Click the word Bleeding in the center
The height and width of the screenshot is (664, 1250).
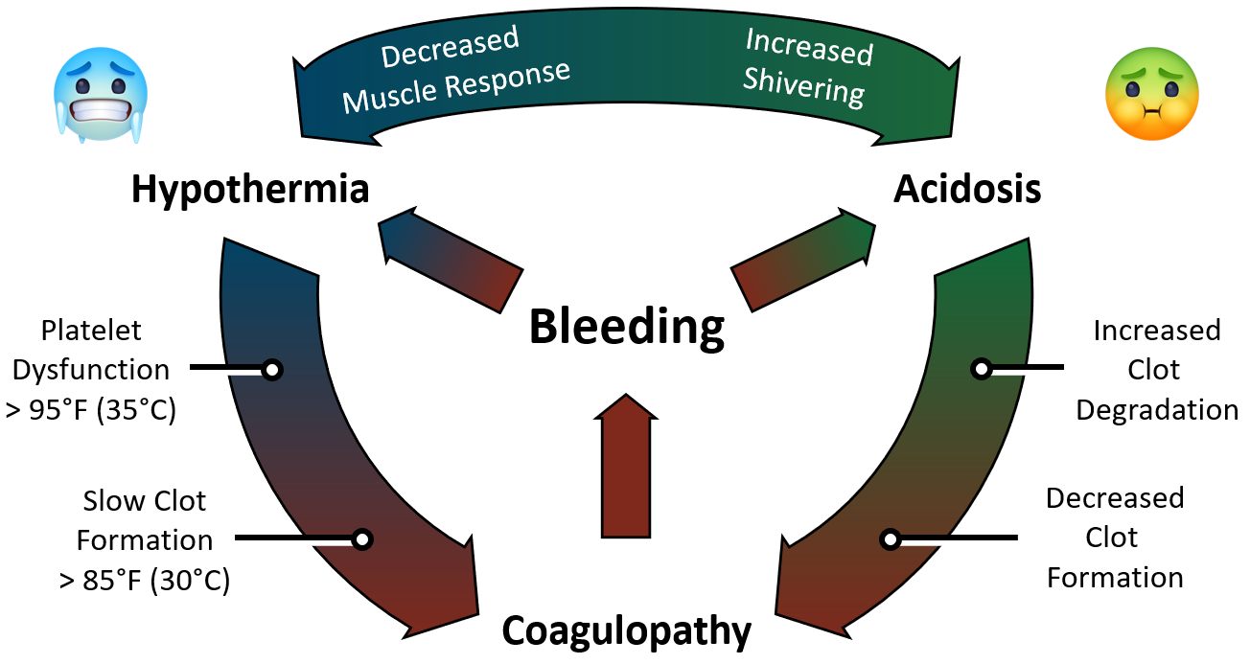(626, 329)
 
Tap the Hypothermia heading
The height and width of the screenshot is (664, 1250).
(249, 190)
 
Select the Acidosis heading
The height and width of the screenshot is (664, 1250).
(967, 190)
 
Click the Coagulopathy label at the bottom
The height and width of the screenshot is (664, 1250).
(626, 631)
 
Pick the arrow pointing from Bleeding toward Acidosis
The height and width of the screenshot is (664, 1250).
(803, 261)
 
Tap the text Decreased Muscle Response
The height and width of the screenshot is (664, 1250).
(454, 69)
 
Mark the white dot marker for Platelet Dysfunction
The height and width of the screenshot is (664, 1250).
(271, 369)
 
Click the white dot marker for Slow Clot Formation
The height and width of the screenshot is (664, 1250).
(361, 539)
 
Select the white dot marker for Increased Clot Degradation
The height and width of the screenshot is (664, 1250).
(981, 368)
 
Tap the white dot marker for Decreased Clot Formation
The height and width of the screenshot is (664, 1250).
(891, 539)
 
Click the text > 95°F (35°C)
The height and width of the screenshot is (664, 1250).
(92, 410)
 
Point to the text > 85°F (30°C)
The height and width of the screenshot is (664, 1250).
(144, 580)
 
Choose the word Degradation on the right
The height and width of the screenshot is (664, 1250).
(1156, 410)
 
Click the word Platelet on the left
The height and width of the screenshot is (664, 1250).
(91, 331)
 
